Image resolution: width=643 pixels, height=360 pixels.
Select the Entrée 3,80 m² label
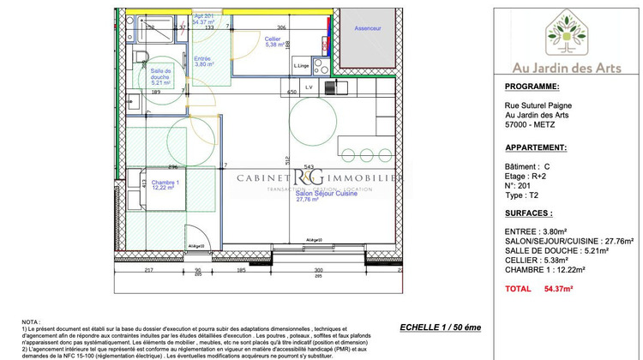pos(203,61)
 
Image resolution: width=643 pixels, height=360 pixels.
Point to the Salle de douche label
pos(161,76)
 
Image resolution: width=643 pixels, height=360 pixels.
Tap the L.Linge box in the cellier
pos(301,66)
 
